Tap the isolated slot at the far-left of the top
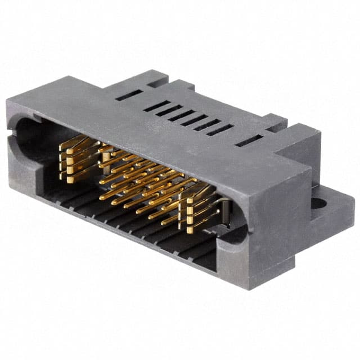coord(125,96)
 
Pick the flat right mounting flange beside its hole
coord(337,211)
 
